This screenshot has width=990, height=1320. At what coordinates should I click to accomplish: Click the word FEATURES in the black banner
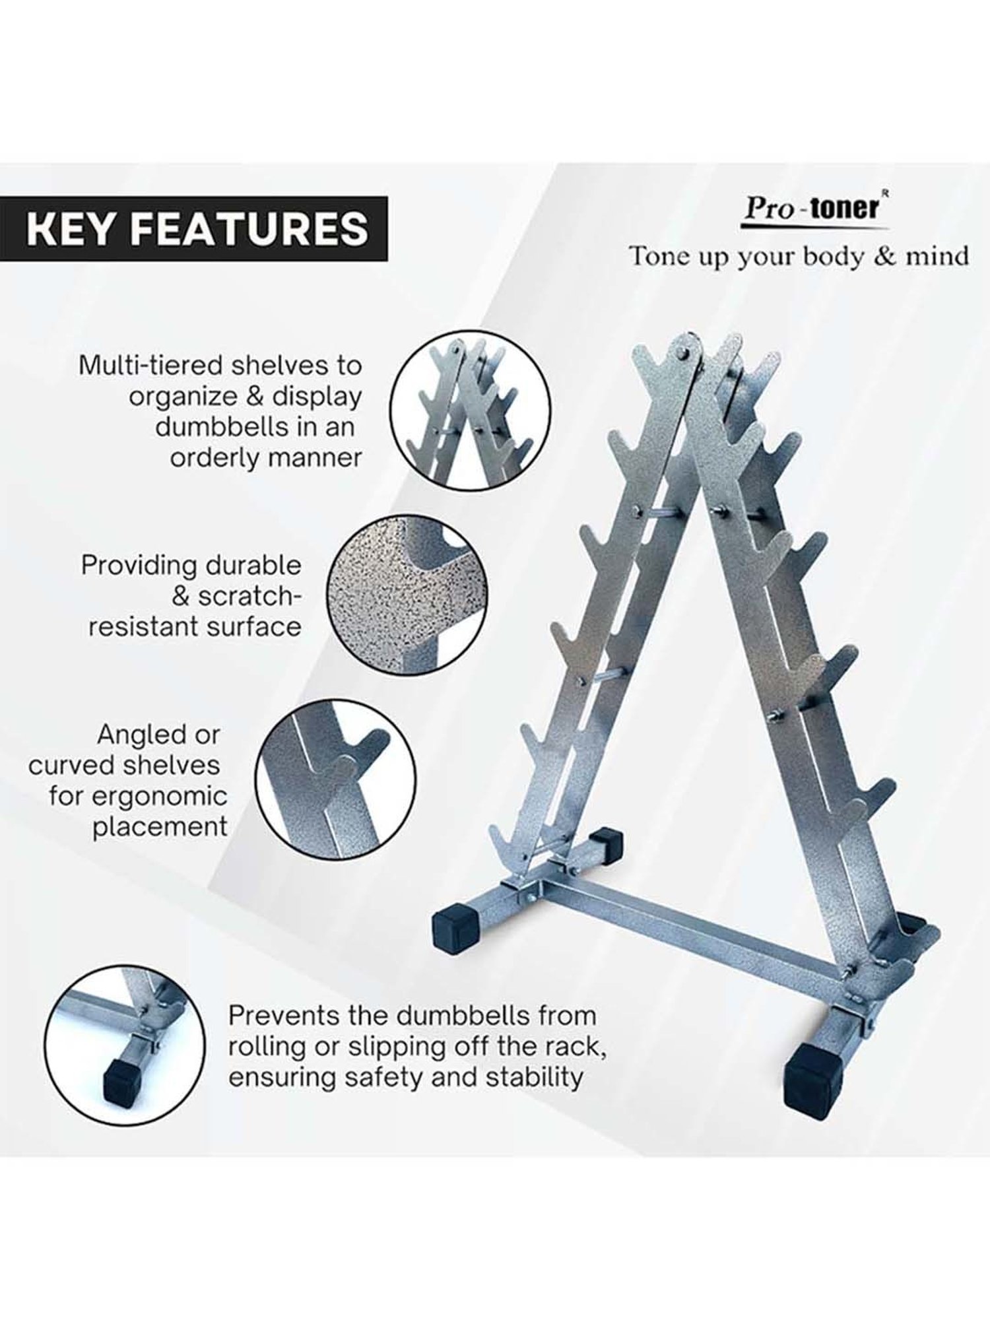(249, 229)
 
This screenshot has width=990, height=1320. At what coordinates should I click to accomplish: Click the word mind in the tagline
(937, 256)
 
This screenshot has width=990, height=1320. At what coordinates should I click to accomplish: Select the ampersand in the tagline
(884, 256)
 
